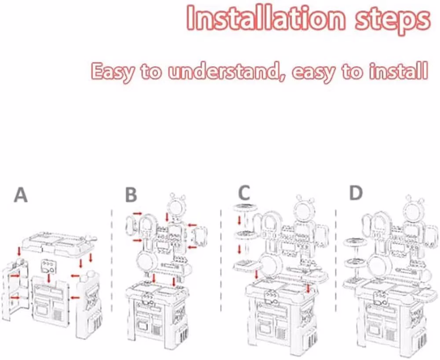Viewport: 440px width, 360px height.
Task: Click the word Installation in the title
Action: (265, 18)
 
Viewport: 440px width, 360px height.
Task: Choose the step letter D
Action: (356, 192)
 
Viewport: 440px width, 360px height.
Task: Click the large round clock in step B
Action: (147, 261)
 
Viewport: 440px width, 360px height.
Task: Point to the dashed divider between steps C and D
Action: (336, 260)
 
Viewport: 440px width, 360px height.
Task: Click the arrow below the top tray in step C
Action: (239, 220)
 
